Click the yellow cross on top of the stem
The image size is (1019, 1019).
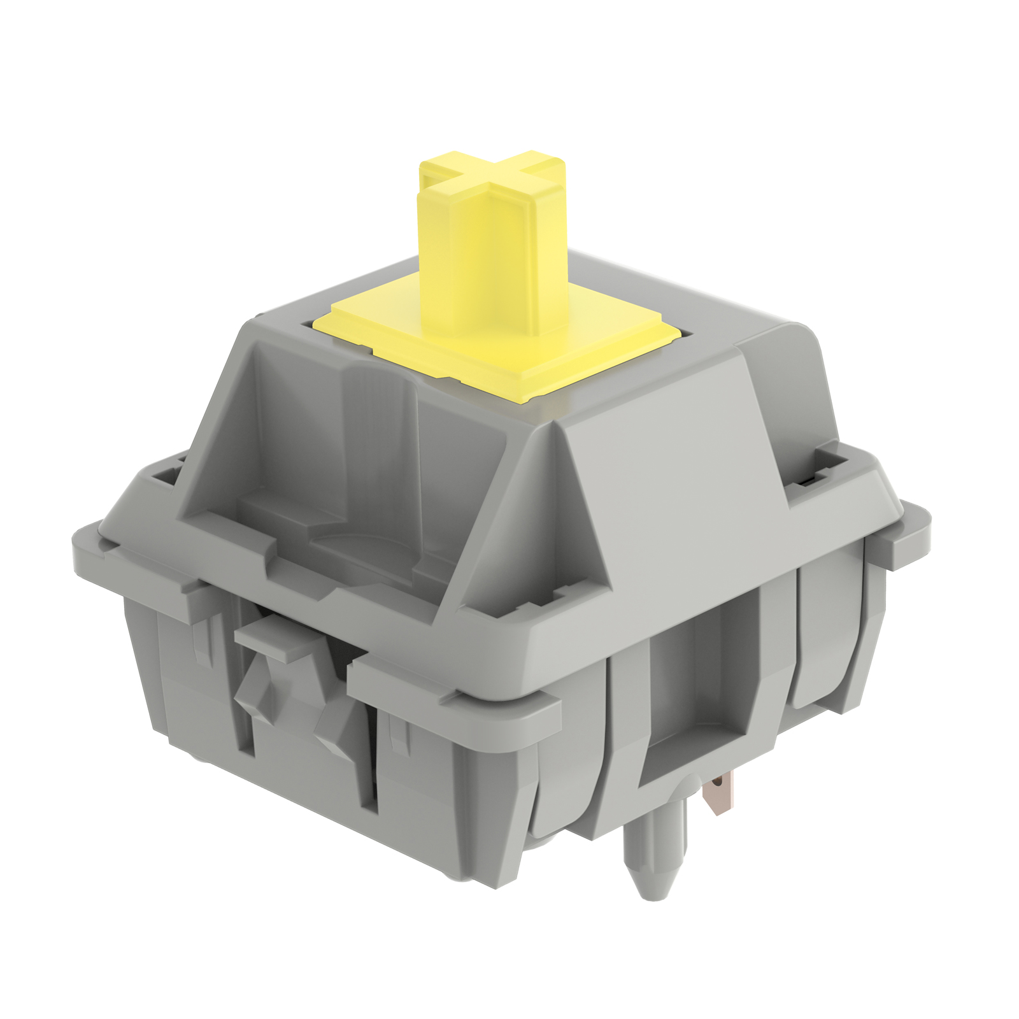(x=490, y=178)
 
